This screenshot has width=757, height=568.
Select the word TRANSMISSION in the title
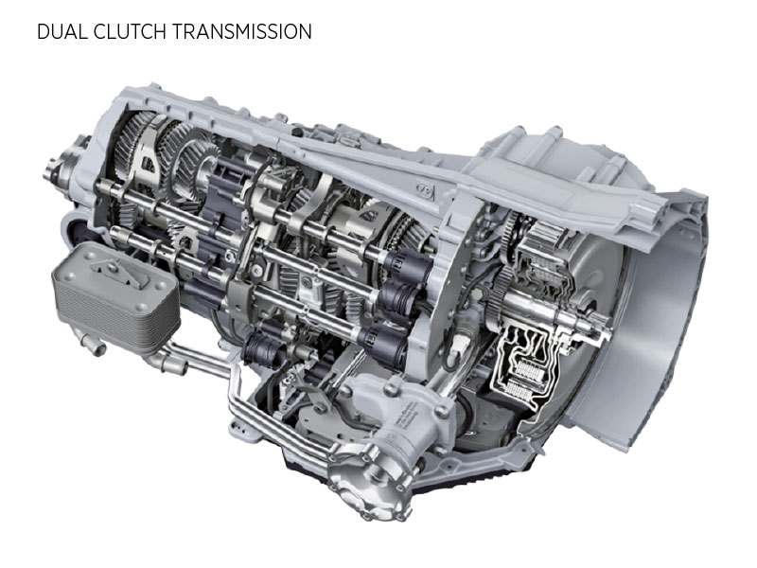click(x=241, y=31)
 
